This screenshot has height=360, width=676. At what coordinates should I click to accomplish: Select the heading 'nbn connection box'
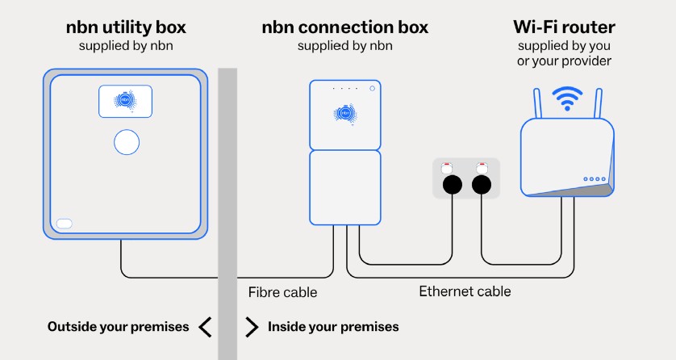point(344,27)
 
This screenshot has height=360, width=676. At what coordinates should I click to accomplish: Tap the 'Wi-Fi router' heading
point(565,27)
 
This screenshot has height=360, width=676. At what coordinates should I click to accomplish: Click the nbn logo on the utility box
point(125,102)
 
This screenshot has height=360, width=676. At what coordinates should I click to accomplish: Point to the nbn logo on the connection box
point(345,115)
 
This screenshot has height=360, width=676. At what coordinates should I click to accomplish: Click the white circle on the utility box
point(126,142)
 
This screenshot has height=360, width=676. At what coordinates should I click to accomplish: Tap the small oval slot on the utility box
point(65,224)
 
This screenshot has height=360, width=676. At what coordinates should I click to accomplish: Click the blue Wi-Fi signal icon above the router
point(566,100)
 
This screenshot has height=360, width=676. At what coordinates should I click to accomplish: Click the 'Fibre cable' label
point(282,291)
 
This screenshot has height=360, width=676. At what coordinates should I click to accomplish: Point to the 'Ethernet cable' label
point(465,291)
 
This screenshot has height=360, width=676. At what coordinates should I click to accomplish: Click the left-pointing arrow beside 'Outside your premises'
point(205,327)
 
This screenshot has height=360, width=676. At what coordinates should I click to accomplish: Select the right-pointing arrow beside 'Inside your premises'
point(252,327)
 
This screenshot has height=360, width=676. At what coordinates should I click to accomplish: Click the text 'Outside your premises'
point(118,327)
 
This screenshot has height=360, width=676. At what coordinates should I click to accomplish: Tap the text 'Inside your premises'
point(333,327)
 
